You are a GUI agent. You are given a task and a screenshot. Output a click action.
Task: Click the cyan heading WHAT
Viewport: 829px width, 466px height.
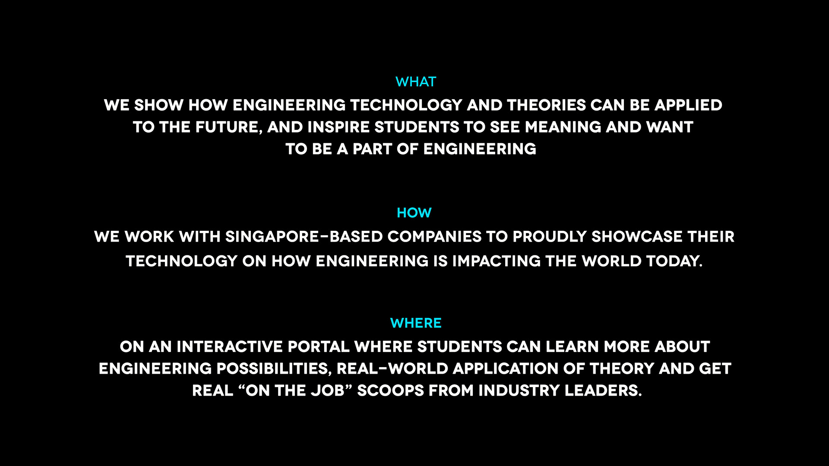point(416,82)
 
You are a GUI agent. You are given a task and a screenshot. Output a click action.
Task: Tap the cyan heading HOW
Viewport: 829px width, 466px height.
point(414,213)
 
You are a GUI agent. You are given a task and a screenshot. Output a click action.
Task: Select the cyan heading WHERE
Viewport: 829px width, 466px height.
point(416,323)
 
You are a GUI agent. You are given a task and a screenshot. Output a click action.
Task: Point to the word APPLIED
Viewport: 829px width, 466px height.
point(688,105)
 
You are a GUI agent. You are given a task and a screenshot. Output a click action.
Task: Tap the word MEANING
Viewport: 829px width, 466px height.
point(563,127)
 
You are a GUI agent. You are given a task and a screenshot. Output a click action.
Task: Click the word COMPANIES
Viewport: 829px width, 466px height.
point(434,236)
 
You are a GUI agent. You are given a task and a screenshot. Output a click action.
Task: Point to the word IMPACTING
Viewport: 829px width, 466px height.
point(496,261)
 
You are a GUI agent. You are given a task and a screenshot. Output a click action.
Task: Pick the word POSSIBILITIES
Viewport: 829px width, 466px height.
point(274,369)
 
